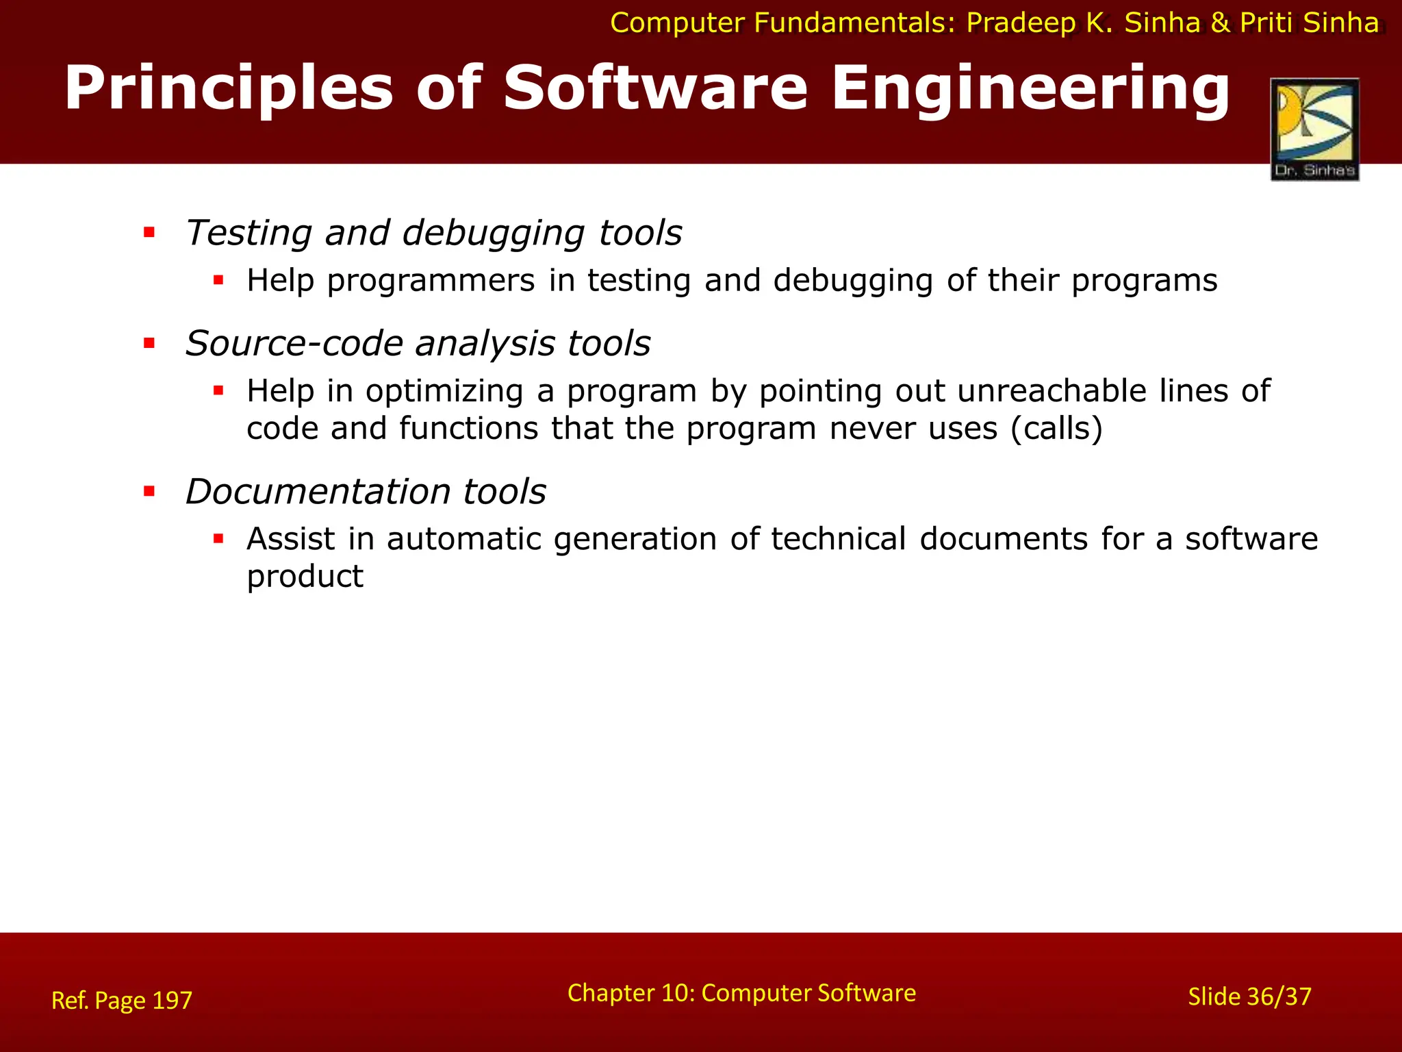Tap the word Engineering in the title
[1030, 89]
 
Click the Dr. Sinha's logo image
[1314, 129]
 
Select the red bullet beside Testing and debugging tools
[149, 233]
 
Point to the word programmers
[431, 281]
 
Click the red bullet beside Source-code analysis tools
[149, 343]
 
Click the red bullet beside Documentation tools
[149, 491]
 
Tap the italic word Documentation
[318, 492]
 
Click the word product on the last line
[305, 577]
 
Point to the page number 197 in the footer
[172, 1000]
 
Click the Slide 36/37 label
[1249, 997]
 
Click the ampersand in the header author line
[1220, 23]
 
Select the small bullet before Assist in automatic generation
[218, 539]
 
